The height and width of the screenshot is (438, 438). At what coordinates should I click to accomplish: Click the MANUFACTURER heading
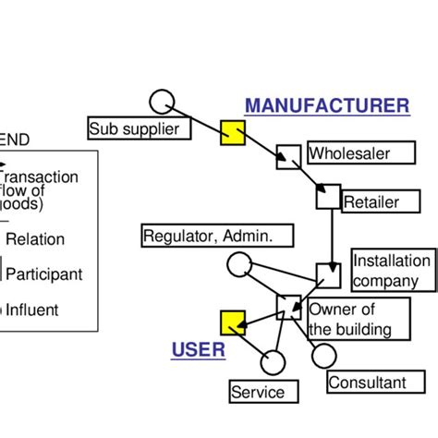point(326,105)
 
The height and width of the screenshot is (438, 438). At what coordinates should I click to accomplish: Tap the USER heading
point(198,349)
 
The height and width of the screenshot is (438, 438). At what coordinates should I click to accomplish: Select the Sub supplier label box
point(140,128)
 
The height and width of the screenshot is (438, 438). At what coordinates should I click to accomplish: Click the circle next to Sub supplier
point(162,101)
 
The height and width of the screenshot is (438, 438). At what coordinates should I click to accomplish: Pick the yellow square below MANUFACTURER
point(232,134)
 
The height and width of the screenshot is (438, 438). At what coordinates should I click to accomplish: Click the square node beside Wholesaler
point(288,157)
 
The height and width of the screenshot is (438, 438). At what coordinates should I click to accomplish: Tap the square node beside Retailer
point(328,197)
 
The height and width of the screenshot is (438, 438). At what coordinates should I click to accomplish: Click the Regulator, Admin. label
point(217,237)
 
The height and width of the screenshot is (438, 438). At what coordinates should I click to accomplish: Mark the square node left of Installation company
point(328,275)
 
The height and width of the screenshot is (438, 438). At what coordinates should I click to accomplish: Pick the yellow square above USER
point(232,322)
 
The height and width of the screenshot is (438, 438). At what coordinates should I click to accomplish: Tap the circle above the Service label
point(273,361)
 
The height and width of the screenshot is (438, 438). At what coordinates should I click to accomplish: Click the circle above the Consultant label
point(323,355)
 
